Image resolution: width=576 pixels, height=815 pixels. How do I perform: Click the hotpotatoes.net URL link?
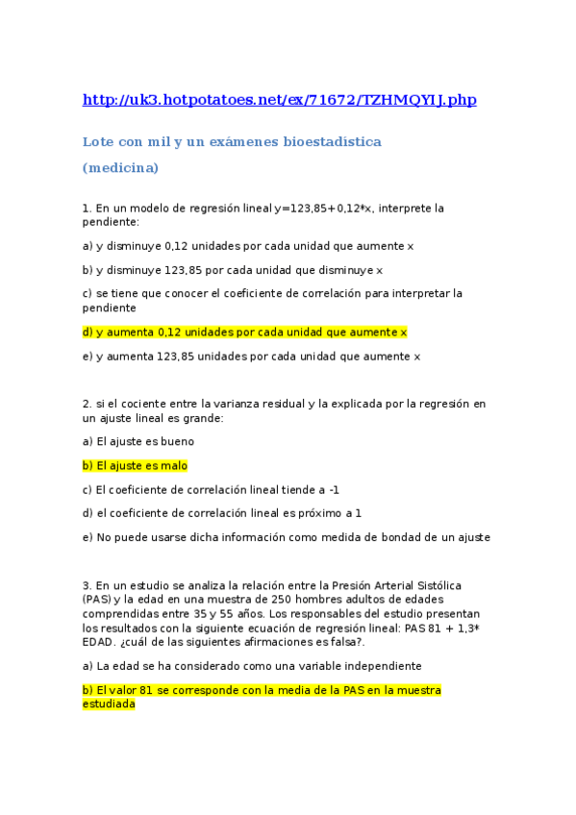pos(279,100)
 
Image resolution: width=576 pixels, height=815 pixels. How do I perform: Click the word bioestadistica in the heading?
pos(331,142)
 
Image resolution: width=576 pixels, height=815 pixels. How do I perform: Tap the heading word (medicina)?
pos(120,168)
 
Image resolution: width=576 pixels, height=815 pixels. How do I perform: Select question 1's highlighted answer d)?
pos(245,333)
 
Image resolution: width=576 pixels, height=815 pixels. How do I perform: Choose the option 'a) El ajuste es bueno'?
pos(138,442)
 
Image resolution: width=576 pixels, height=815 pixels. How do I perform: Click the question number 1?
pos(86,208)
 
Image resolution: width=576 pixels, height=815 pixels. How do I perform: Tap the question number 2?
pos(86,404)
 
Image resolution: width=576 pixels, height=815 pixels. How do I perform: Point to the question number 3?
pos(86,585)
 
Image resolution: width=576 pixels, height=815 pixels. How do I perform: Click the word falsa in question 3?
pos(346,642)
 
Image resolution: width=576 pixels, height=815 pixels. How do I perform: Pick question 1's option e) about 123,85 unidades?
pos(252,357)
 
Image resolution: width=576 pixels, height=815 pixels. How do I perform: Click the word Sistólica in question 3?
pos(438,585)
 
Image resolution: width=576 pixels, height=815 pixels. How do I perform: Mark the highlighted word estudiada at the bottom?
pos(109,704)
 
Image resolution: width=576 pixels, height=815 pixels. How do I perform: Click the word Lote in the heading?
pos(96,142)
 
